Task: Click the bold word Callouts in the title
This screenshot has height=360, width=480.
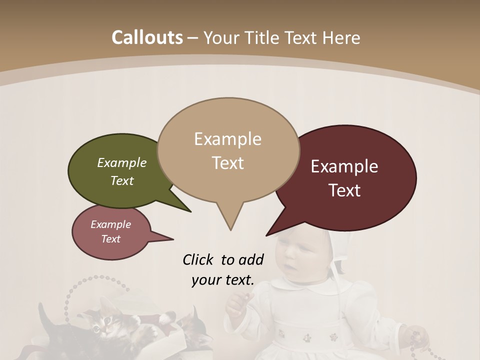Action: [147, 37]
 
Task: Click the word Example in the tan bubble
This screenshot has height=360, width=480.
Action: [227, 139]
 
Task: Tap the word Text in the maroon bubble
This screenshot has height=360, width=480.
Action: [345, 190]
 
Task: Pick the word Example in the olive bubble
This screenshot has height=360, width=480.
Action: [122, 163]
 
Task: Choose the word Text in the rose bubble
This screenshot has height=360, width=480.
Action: [110, 239]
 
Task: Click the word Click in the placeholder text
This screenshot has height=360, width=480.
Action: [198, 259]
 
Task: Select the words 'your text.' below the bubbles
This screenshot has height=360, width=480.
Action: [223, 280]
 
